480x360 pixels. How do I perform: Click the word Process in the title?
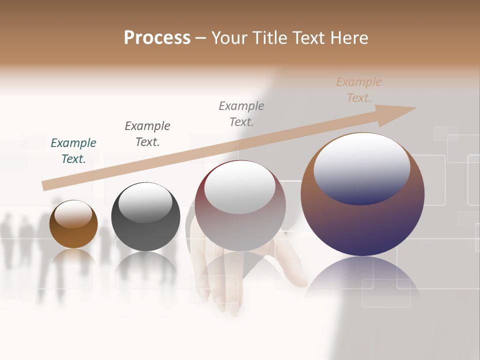(157, 38)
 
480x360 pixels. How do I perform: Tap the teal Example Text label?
(73, 151)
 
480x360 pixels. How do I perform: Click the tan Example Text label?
(359, 90)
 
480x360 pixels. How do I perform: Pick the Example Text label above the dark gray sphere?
(147, 134)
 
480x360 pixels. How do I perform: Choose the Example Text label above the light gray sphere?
(241, 114)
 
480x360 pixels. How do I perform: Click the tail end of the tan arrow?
(45, 186)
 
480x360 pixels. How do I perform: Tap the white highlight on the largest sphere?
(362, 167)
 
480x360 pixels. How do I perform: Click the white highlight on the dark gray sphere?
(145, 202)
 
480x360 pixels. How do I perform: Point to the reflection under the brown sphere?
(73, 260)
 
